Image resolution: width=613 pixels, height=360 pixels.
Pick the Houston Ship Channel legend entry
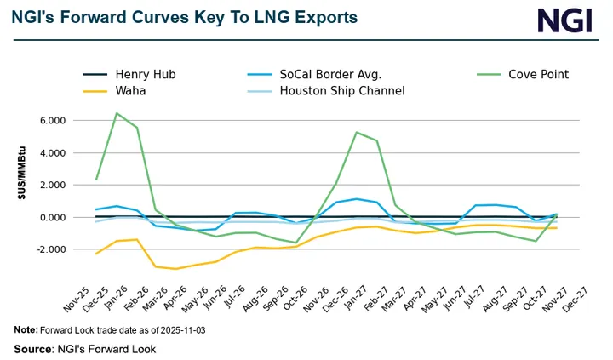pos(341,90)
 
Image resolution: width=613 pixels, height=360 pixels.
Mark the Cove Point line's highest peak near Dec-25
pos(117,113)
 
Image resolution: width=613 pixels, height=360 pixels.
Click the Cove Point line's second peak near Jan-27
pos(356,133)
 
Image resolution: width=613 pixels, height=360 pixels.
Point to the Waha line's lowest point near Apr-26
pos(176,269)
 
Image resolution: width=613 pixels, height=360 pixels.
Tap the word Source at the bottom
pos(32,349)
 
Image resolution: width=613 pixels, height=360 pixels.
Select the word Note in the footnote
pos(25,329)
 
